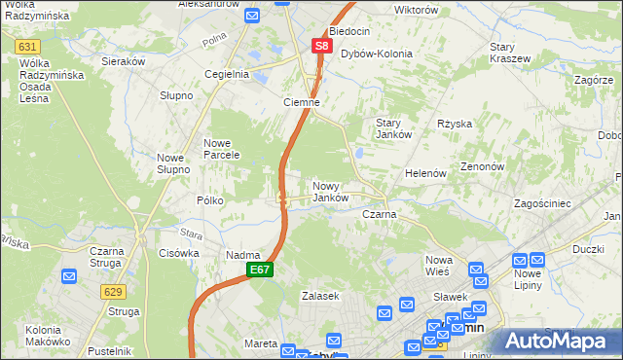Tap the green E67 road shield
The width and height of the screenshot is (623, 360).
pos(259,270)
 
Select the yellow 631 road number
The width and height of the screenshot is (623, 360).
pos(28,47)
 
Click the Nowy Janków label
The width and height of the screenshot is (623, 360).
pos(331,192)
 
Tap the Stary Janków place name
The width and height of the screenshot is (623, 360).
pos(395,127)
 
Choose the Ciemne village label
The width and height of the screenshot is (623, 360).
pos(301,102)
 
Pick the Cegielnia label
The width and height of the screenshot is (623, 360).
pos(227,74)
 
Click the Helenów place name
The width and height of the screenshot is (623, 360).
pos(425,173)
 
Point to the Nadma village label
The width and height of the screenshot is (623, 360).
pos(241,255)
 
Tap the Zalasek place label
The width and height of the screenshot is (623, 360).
pos(319,295)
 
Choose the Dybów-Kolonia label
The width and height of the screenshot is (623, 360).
pos(376,54)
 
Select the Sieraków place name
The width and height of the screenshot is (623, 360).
pos(124,60)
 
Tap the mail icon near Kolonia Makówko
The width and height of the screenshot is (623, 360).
pos(68,277)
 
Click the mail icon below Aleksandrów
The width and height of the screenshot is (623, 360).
pos(251,17)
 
